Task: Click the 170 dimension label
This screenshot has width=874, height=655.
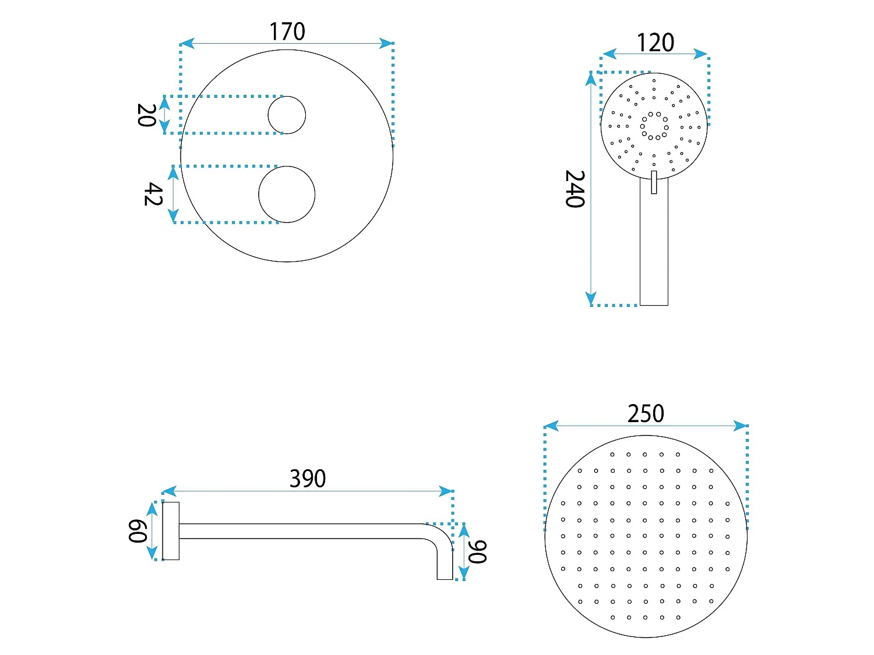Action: pyautogui.click(x=287, y=31)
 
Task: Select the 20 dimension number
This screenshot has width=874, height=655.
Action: pyautogui.click(x=146, y=115)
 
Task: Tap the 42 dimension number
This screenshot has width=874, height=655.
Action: pyautogui.click(x=153, y=194)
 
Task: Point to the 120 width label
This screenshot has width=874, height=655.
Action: pyautogui.click(x=655, y=43)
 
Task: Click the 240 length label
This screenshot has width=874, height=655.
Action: pyautogui.click(x=575, y=189)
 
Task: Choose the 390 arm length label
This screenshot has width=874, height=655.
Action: pyautogui.click(x=308, y=479)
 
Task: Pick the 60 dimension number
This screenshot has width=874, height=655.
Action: pyautogui.click(x=138, y=531)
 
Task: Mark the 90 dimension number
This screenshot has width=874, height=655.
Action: pyautogui.click(x=477, y=552)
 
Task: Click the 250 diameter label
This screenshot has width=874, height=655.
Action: pyautogui.click(x=646, y=413)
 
